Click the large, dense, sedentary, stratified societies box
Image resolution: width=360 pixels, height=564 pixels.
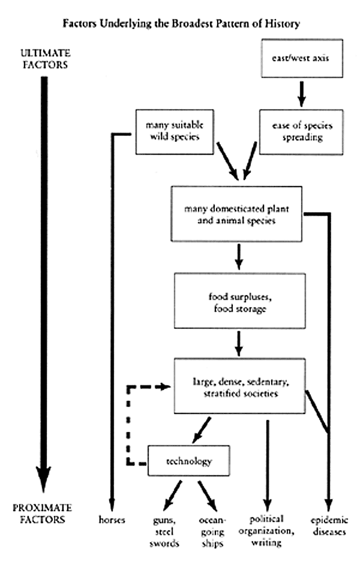(x=240, y=388)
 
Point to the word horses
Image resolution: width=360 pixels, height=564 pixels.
(x=112, y=520)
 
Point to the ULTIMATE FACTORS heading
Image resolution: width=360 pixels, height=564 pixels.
(x=43, y=58)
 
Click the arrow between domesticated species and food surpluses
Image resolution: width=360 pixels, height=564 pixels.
(x=240, y=258)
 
